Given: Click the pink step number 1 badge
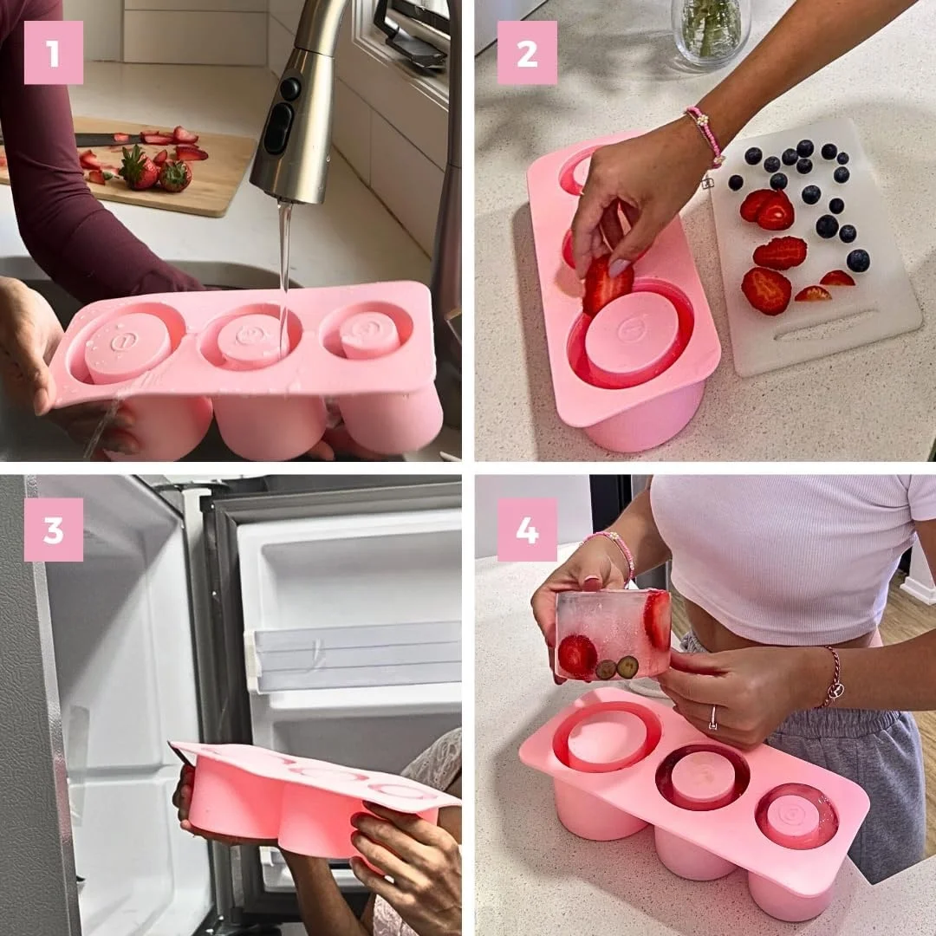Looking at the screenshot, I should [54, 53].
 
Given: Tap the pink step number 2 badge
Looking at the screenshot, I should [527, 53].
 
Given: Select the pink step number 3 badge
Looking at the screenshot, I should [54, 530].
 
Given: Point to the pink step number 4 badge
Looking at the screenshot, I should [527, 530].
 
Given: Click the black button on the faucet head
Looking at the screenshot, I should [278, 128].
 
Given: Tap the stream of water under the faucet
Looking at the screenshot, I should [284, 251].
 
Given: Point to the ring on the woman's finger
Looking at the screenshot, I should [713, 718].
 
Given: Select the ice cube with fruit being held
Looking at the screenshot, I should [613, 635].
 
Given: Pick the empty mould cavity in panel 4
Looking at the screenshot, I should [606, 737].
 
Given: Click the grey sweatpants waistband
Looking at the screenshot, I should [832, 724].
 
